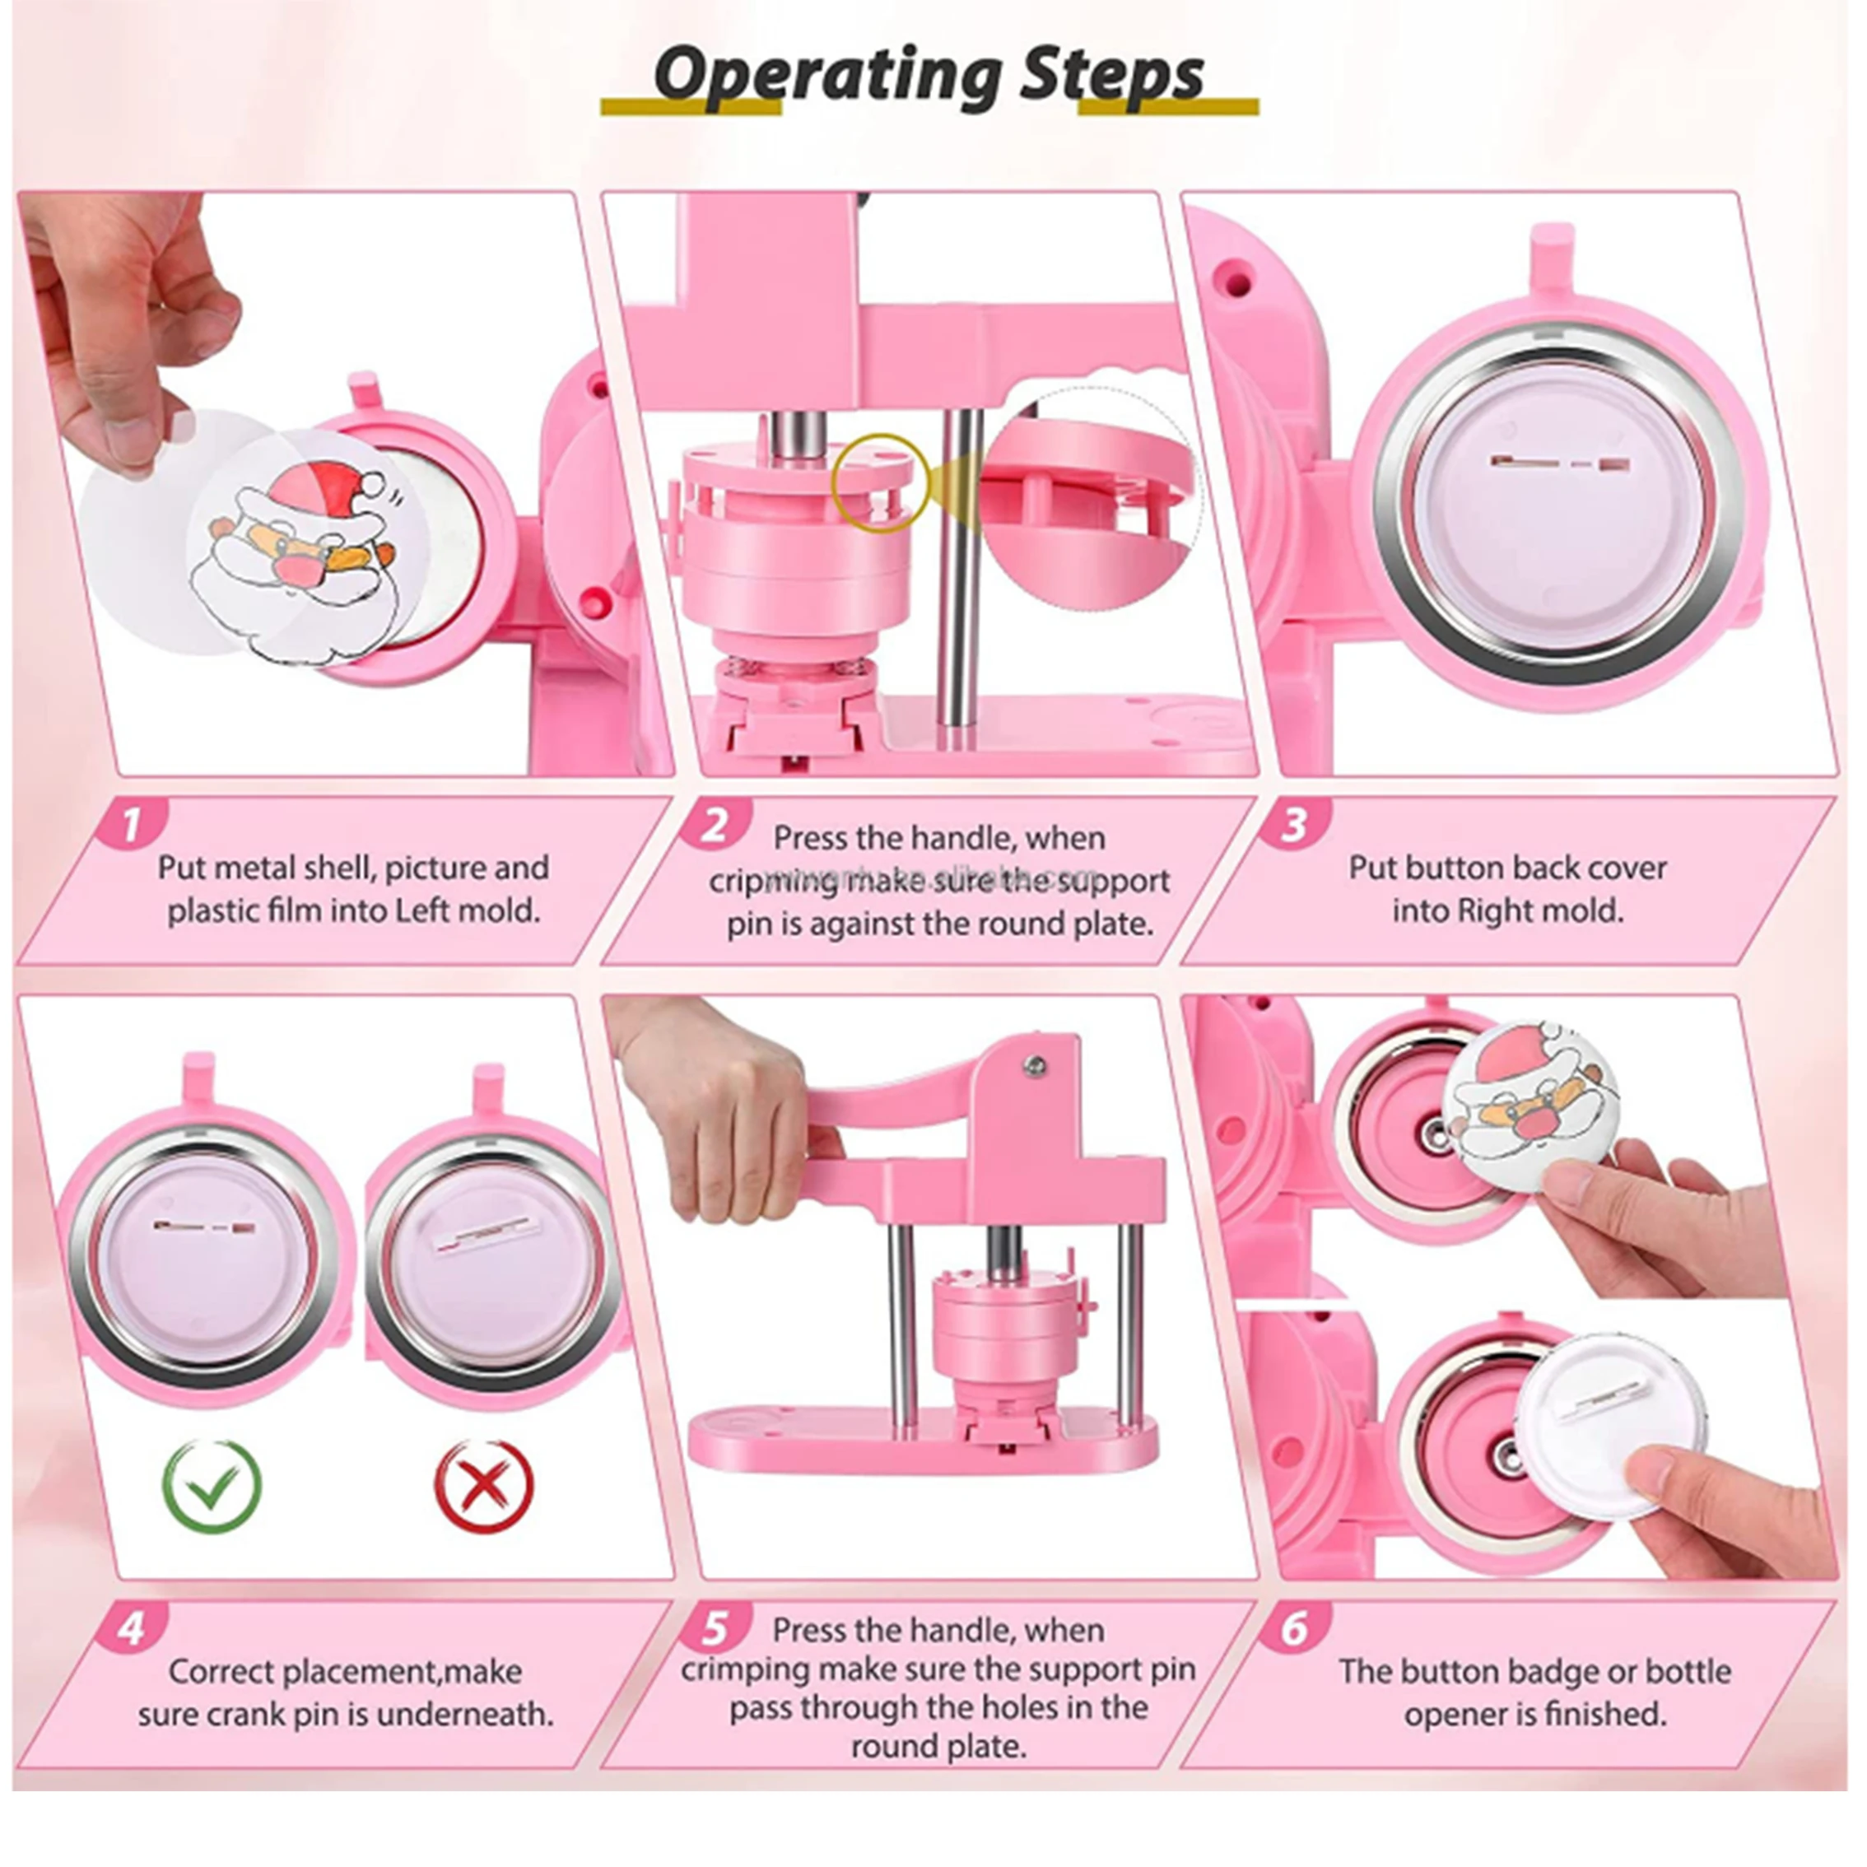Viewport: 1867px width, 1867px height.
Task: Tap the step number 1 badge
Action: tap(133, 824)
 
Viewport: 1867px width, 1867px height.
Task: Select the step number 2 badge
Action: tap(715, 824)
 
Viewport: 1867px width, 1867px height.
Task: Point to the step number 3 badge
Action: tap(1295, 824)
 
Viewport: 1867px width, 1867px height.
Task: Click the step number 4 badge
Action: tap(133, 1629)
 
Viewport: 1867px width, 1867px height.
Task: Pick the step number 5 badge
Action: tap(715, 1629)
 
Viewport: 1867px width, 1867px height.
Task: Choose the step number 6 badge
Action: tap(1295, 1629)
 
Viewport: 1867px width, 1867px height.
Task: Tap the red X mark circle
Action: tap(483, 1486)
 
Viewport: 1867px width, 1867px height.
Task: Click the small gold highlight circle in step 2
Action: tap(880, 483)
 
